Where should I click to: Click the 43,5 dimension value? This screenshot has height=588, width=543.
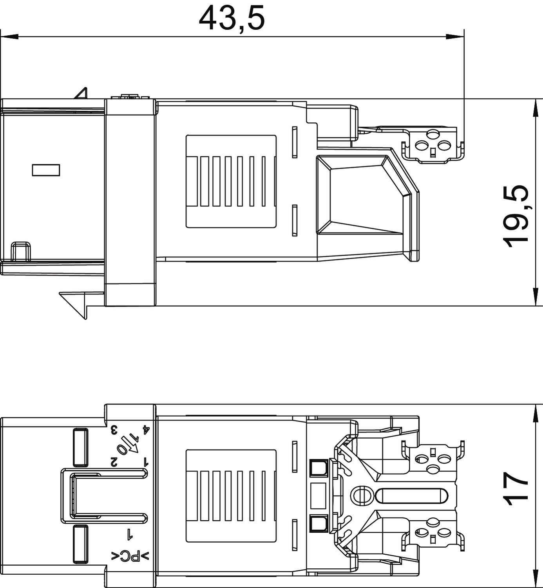tap(232, 18)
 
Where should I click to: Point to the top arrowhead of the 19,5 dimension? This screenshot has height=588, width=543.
tap(535, 108)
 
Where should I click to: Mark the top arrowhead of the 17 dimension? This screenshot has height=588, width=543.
tap(535, 413)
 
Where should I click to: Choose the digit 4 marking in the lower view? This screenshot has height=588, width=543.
tap(146, 430)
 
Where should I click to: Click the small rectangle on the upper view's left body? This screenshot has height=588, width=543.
tap(46, 170)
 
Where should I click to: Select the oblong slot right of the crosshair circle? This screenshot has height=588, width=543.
tap(411, 495)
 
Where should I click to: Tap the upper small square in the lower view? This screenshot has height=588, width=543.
tap(318, 468)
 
